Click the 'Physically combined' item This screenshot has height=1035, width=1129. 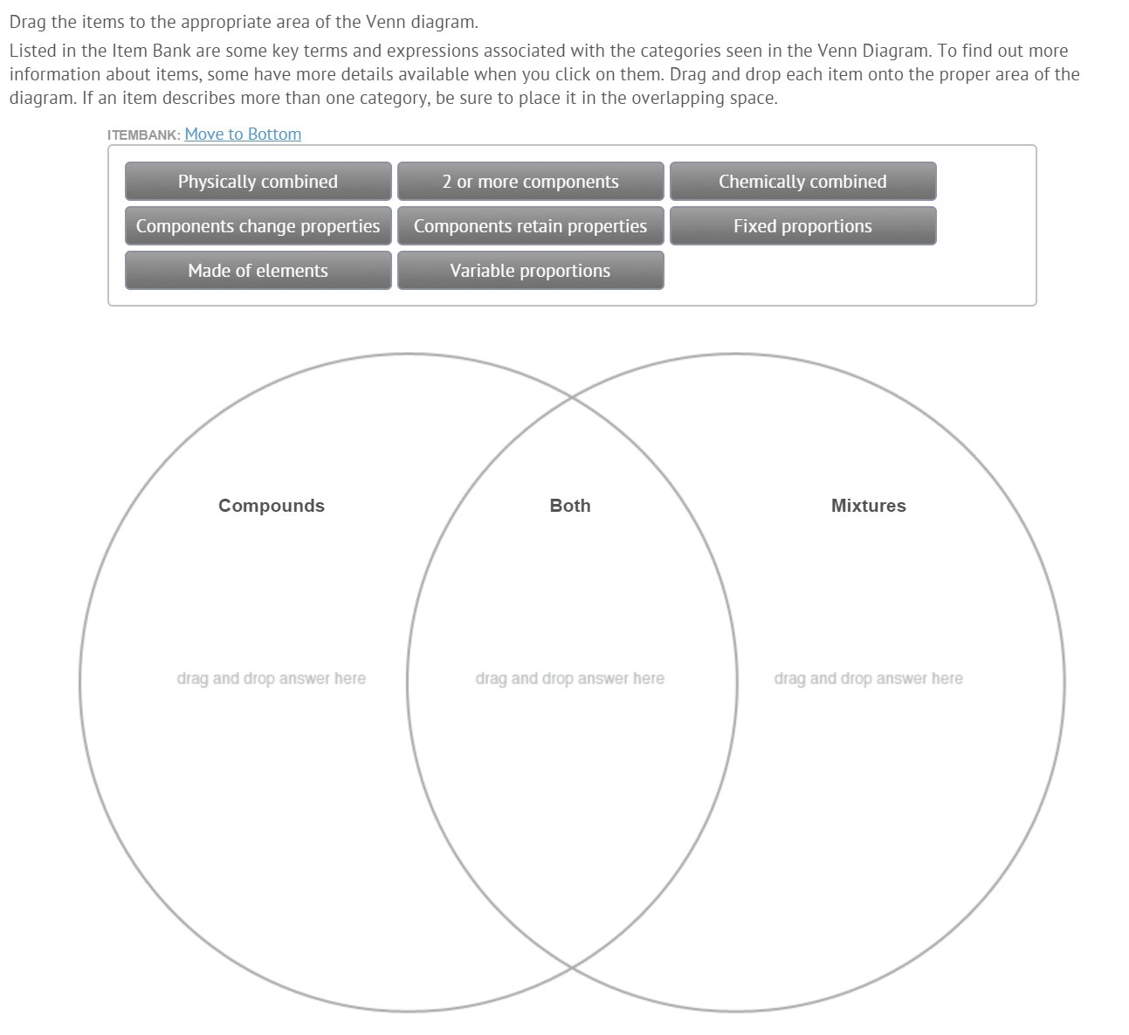click(x=258, y=182)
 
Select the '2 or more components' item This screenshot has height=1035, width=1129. click(x=530, y=182)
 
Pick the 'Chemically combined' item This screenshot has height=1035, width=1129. click(x=802, y=182)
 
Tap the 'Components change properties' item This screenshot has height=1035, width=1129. click(x=258, y=226)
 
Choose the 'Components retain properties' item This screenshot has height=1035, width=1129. click(x=530, y=226)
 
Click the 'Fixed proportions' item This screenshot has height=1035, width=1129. click(x=802, y=226)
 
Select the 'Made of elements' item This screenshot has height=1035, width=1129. click(x=258, y=270)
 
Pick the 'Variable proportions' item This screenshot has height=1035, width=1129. click(x=530, y=270)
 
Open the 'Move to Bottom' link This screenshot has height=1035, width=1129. click(x=243, y=134)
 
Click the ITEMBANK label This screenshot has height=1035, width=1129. click(x=143, y=135)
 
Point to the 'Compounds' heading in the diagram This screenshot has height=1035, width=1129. click(x=272, y=506)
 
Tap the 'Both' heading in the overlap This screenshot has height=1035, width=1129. click(x=570, y=506)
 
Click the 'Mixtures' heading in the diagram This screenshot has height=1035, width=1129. click(x=869, y=506)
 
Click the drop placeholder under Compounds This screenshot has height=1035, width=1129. click(x=272, y=678)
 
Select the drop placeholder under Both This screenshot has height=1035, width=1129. click(x=570, y=678)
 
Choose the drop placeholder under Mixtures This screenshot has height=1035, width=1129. click(x=869, y=678)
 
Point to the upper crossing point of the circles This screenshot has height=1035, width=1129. click(x=572, y=397)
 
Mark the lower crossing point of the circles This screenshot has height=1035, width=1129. click(x=572, y=968)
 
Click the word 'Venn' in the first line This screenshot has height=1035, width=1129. click(x=386, y=22)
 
